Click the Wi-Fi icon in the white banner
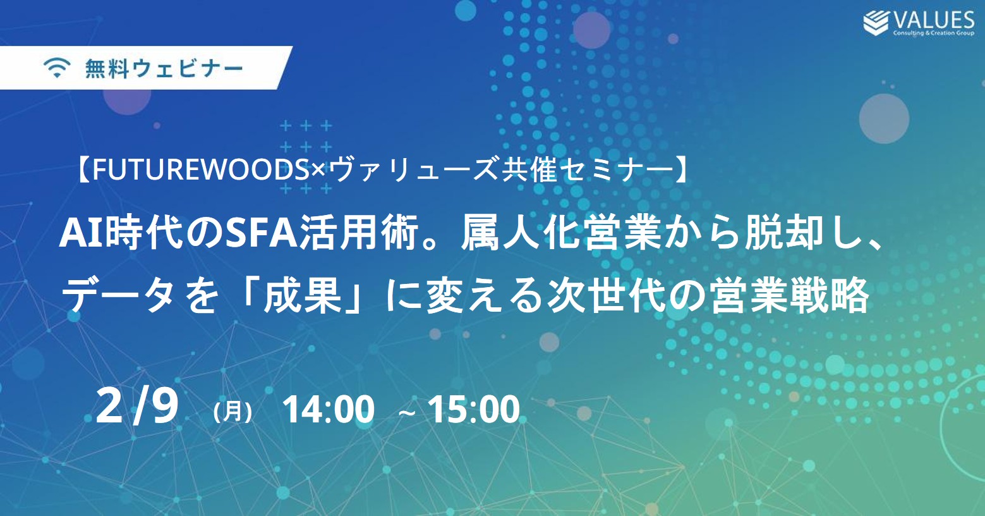coord(57,68)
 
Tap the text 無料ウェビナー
coord(164,69)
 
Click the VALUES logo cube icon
coord(876,23)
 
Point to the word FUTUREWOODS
coord(202,170)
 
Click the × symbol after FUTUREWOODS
coord(318,171)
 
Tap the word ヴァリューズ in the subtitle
coord(413,170)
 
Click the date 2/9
coord(136,407)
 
